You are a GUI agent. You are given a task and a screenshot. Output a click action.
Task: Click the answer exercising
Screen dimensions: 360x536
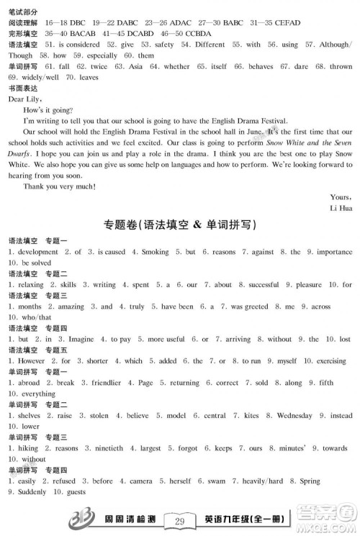[x=331, y=360]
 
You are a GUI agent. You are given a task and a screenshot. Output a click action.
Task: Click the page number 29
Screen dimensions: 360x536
[x=180, y=521]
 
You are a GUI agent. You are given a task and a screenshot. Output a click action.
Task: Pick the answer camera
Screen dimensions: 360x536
[x=141, y=481]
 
